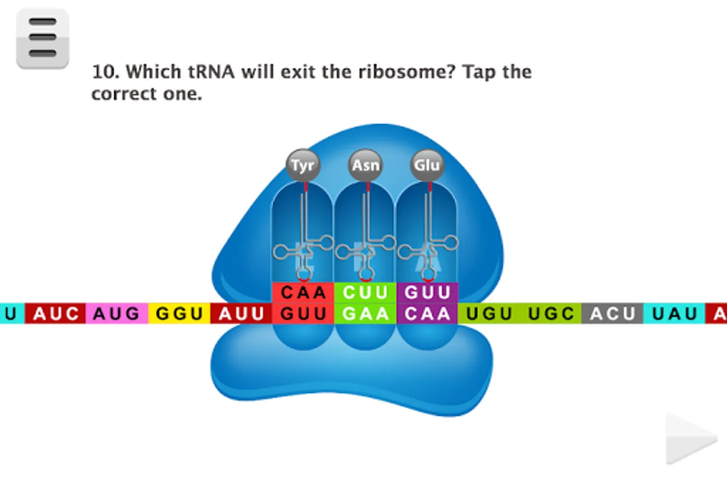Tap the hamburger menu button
[x=43, y=38]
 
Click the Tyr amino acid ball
[x=303, y=165]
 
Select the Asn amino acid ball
[x=365, y=165]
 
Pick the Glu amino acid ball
[x=427, y=165]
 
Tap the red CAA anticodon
[x=303, y=293]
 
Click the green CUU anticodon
[x=365, y=293]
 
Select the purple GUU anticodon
[x=427, y=293]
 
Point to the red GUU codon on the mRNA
[x=303, y=314]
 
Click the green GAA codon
[x=365, y=314]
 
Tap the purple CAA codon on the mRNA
[x=427, y=314]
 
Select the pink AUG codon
[x=116, y=314]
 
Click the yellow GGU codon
[x=179, y=314]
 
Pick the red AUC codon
[x=55, y=314]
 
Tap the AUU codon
[x=241, y=314]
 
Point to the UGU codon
[x=489, y=314]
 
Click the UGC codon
[x=550, y=314]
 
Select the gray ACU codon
[x=612, y=314]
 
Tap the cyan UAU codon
[x=674, y=314]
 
